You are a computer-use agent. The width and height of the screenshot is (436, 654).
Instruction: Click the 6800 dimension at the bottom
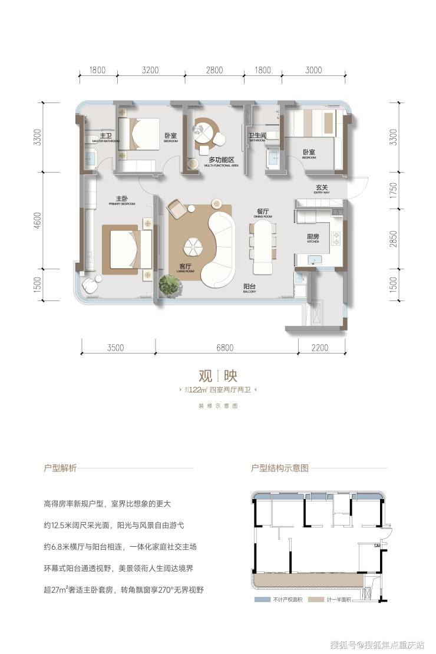(x=224, y=348)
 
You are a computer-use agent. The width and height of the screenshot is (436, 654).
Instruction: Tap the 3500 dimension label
(x=116, y=348)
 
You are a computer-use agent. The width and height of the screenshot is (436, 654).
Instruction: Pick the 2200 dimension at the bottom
(x=319, y=348)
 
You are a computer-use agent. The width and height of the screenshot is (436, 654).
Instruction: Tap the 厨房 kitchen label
(x=313, y=237)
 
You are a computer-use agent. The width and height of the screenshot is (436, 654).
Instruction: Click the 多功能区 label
(x=222, y=161)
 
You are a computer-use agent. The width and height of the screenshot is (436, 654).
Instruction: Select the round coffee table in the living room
(x=191, y=246)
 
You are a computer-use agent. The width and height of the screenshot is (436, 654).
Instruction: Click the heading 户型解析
(x=60, y=468)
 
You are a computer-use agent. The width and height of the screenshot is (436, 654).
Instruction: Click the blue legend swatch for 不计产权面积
(x=261, y=600)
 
